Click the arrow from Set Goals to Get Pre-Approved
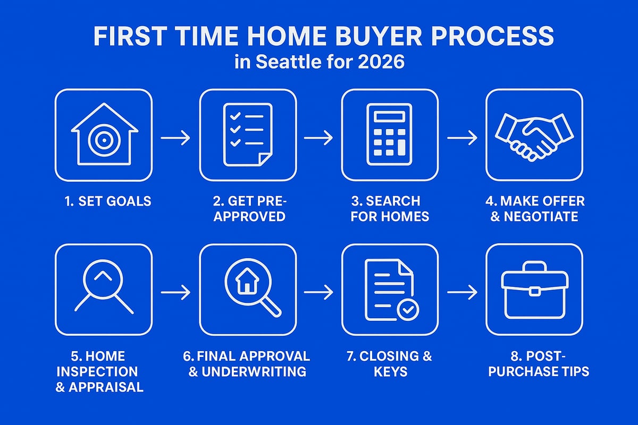pyautogui.click(x=175, y=138)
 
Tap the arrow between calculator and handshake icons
pyautogui.click(x=461, y=138)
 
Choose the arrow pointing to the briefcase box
pyautogui.click(x=461, y=292)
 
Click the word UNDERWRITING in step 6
pyautogui.click(x=254, y=371)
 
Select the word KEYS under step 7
pyautogui.click(x=390, y=371)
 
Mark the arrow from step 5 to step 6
pyautogui.click(x=175, y=292)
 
